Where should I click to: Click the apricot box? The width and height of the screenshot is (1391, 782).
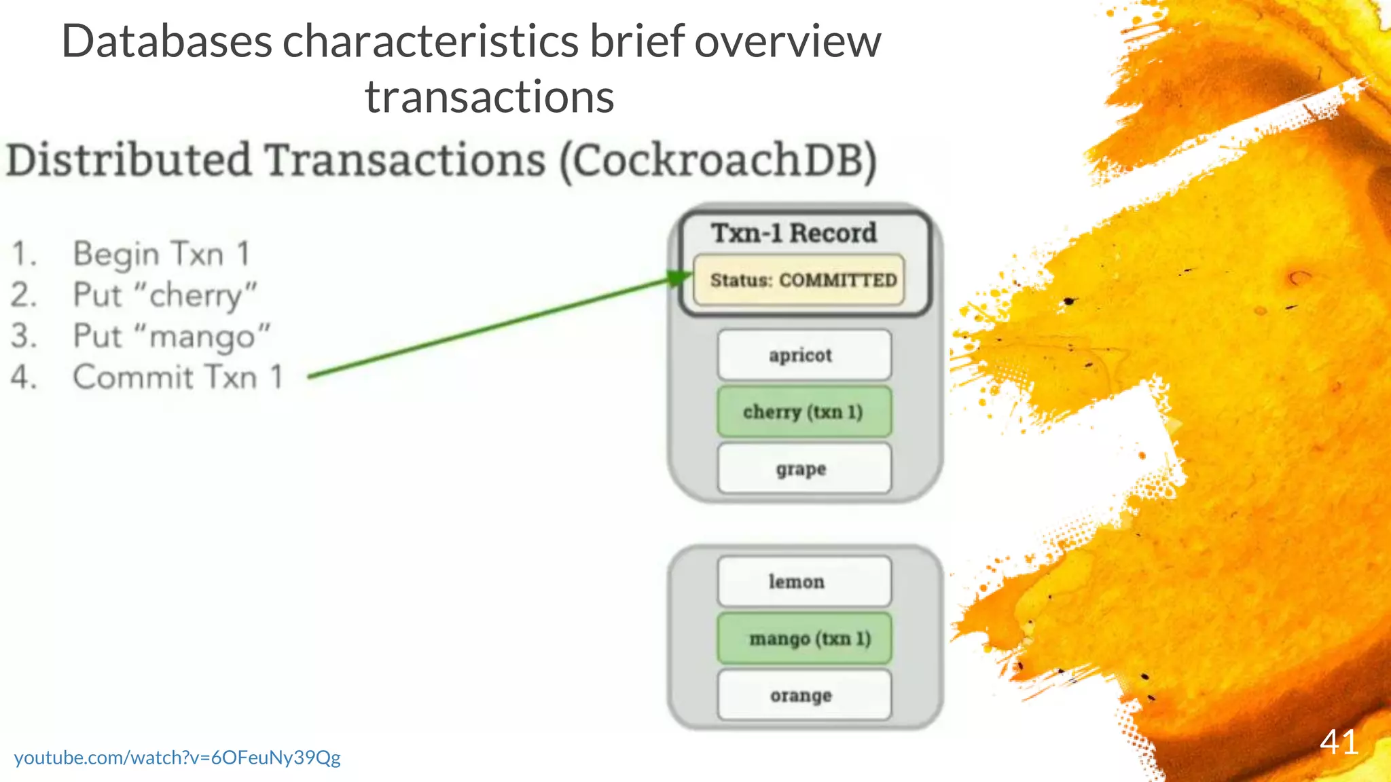coord(803,355)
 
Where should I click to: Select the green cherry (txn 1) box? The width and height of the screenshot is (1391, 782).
coord(803,412)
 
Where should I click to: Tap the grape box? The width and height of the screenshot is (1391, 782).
coord(803,468)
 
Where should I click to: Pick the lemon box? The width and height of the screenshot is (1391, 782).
coord(803,582)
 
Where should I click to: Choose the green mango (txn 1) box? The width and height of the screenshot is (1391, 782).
coord(803,639)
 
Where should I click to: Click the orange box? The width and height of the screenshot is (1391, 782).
coord(803,695)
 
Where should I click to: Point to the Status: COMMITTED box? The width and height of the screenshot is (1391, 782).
coord(799,280)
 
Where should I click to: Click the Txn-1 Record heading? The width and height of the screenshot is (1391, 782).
coord(793,233)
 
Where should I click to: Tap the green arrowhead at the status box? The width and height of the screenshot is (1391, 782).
coord(679,278)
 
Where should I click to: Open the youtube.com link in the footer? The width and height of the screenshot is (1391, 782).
coord(177,758)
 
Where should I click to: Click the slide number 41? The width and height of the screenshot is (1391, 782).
coord(1339,742)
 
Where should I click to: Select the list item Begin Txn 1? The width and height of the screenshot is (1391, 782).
coord(162,255)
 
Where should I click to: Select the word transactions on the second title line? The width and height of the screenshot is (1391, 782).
coord(489,96)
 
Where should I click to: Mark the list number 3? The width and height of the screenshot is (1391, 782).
coord(23,336)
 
